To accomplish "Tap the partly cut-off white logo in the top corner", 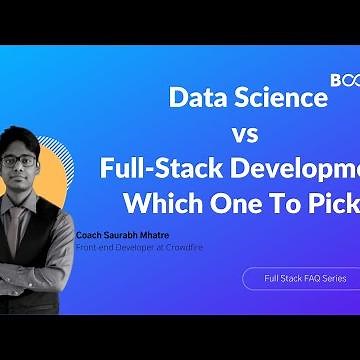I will click(x=344, y=76).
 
